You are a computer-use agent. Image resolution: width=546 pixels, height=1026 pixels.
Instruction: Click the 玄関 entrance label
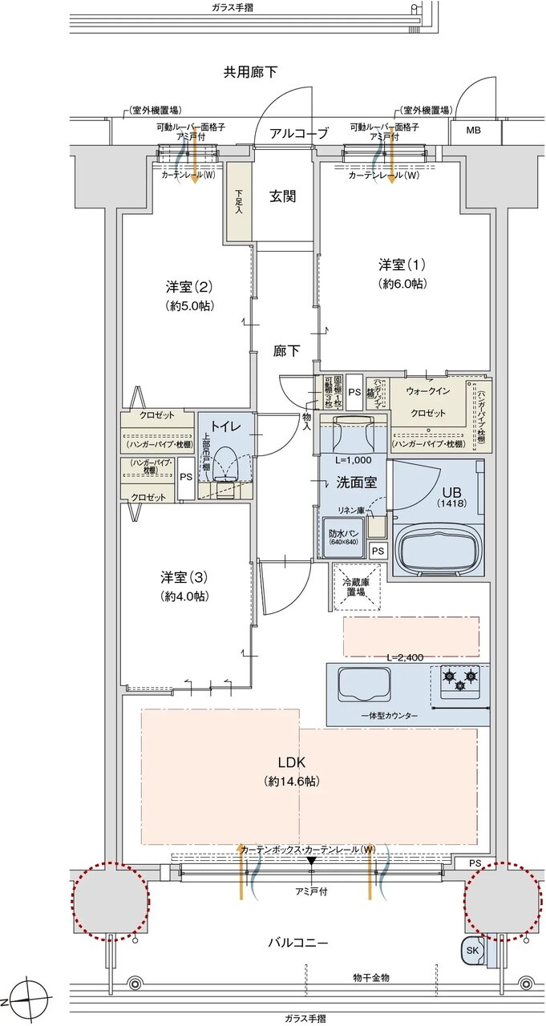[282, 196]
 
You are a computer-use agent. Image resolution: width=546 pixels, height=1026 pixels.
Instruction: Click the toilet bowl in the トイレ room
[227, 466]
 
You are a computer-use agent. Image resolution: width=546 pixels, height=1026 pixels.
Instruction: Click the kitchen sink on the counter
[363, 683]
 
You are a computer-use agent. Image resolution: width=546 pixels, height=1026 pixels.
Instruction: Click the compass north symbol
[29, 999]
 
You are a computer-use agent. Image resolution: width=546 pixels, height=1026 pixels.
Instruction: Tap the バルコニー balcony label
[297, 943]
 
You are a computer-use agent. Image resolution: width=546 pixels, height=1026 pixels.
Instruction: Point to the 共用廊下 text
[250, 72]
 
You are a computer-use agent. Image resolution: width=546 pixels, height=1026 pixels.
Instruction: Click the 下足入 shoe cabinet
[239, 200]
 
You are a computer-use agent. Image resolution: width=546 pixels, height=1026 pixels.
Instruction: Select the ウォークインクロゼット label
[427, 402]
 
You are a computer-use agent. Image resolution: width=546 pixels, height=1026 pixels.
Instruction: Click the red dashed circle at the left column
[111, 901]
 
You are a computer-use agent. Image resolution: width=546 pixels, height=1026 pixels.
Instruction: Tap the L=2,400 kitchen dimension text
[405, 657]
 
